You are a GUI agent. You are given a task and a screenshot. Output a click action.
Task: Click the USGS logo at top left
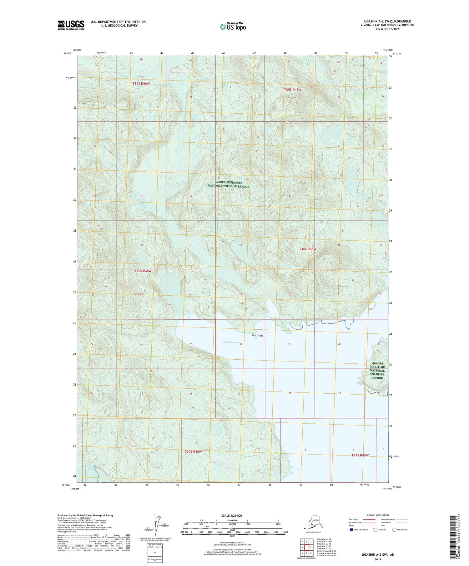pos(71,25)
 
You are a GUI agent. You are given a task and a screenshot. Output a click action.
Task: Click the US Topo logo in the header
pos(233,27)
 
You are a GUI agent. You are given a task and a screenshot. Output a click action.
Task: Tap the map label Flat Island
pos(258,336)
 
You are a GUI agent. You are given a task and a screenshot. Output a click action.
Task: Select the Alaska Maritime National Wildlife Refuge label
pos(377,371)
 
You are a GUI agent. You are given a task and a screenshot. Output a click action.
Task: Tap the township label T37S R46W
pos(193,451)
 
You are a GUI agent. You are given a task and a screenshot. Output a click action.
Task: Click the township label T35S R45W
pos(292,90)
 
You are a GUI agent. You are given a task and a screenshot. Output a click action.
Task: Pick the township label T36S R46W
pos(143,271)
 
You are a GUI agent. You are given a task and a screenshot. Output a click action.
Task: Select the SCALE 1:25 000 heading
pos(231,516)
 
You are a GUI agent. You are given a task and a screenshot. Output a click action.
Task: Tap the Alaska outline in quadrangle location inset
pos(311,524)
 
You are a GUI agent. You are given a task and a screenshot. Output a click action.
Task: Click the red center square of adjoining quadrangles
pos(307,547)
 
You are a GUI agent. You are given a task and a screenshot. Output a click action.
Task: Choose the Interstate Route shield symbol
pos(351,530)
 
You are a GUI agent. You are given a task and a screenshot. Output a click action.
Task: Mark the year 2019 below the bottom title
pos(378,559)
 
